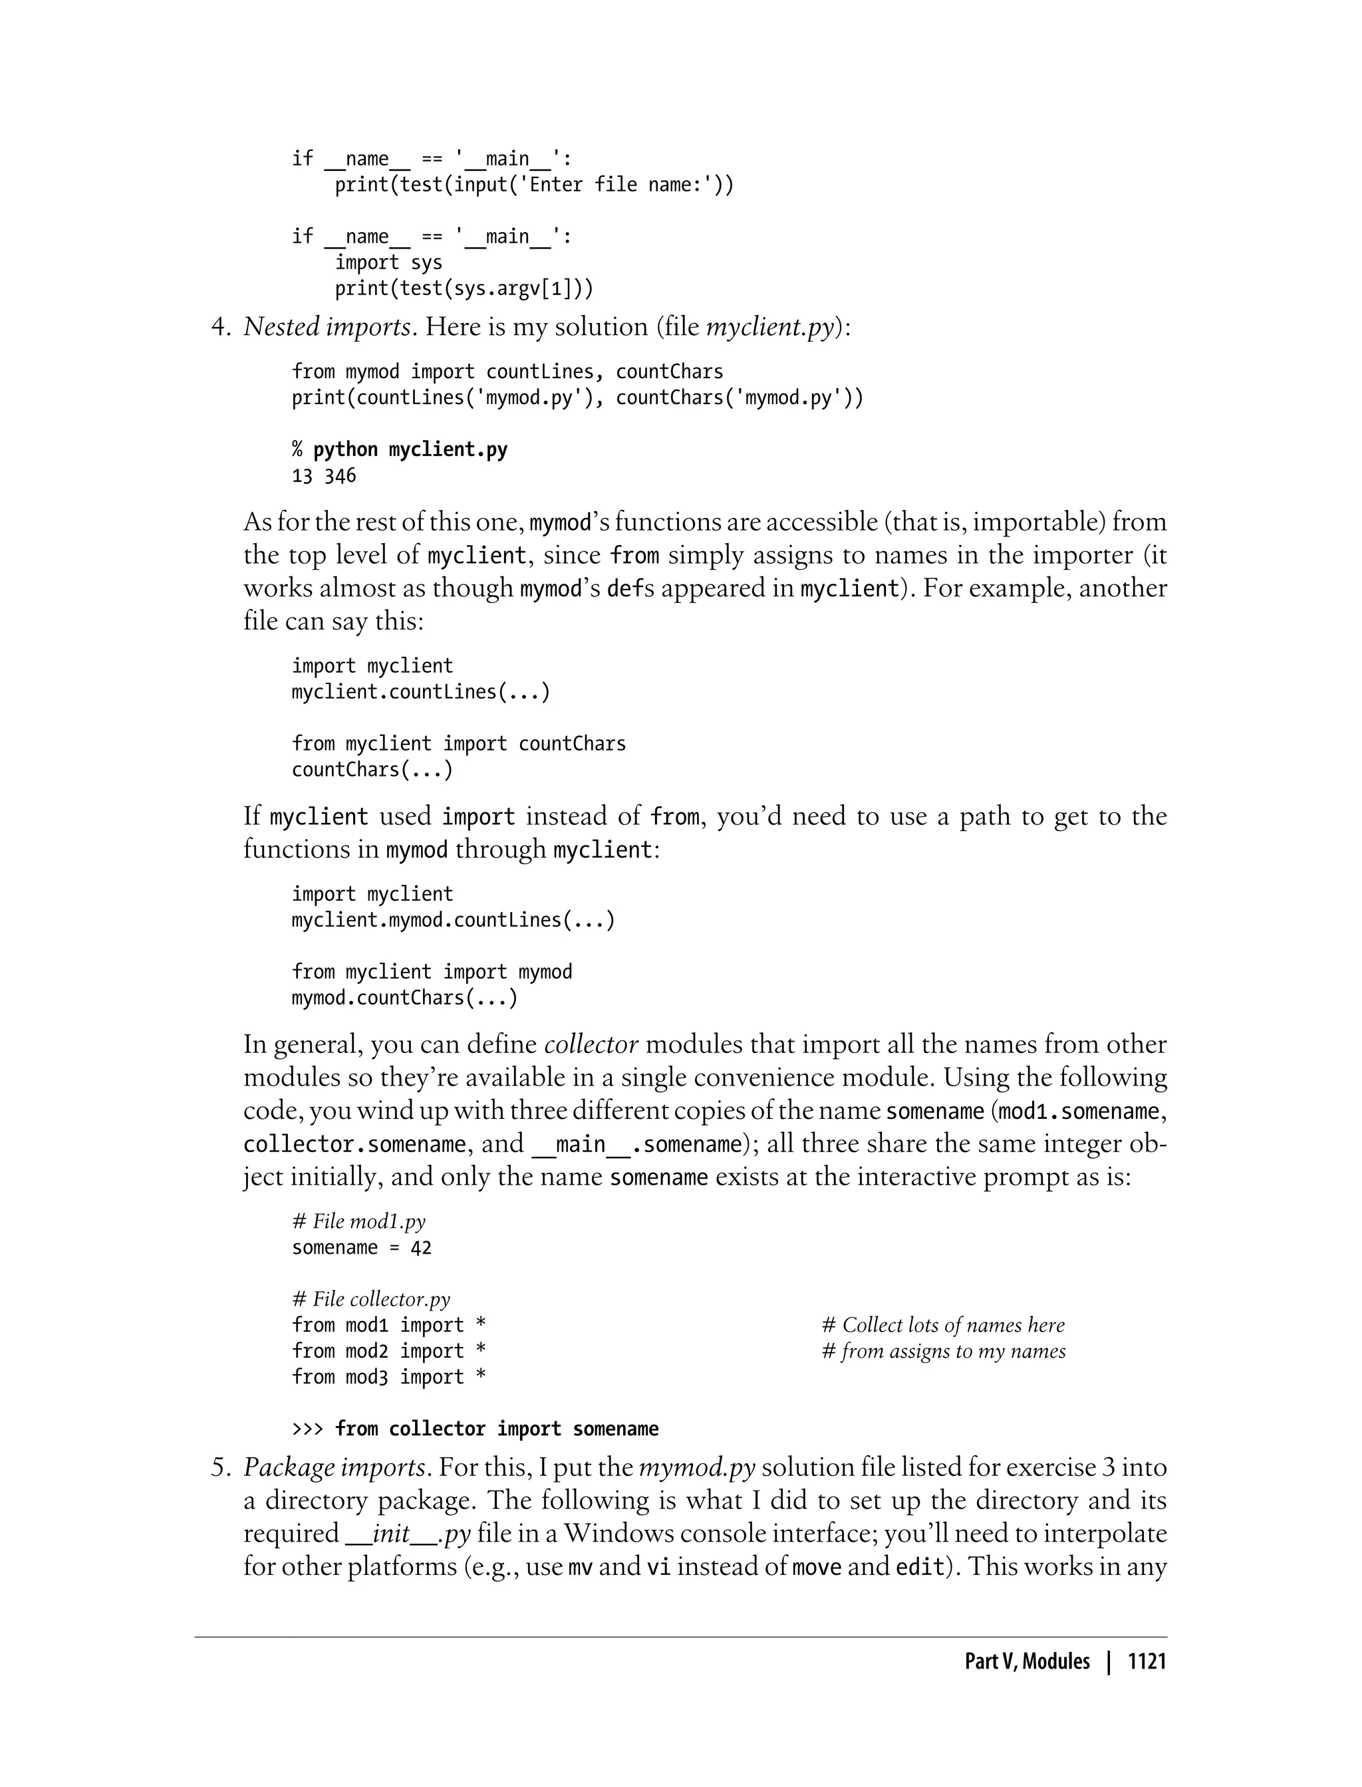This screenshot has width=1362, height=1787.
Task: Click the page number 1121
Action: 1147,1661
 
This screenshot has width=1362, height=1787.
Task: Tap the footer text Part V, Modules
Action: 1027,1661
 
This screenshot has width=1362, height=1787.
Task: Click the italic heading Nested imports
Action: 327,326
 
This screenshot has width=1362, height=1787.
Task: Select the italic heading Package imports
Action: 334,1467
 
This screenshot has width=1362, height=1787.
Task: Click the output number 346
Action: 340,476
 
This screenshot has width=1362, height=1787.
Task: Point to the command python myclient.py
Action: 410,450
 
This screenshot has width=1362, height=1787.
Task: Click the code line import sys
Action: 388,263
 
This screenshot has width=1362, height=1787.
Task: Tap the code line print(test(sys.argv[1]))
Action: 464,289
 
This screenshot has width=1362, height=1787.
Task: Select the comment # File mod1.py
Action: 358,1221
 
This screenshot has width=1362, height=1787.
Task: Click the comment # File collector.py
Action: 370,1299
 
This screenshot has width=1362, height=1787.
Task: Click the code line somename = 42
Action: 362,1247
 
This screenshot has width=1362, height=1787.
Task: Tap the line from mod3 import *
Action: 388,1377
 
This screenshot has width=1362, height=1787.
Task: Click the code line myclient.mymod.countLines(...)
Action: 453,920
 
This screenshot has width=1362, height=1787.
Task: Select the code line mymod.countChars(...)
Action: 404,998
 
